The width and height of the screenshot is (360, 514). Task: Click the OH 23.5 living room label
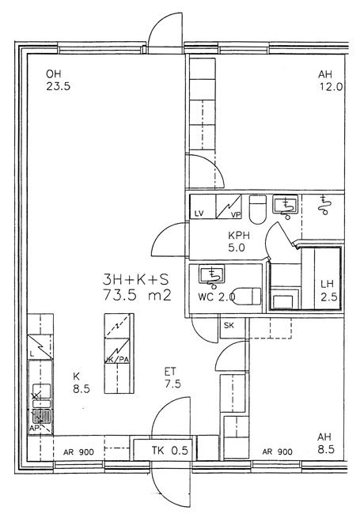point(58,80)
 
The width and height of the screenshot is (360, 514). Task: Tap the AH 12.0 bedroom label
point(330,81)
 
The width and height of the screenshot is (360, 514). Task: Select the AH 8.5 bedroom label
point(325,443)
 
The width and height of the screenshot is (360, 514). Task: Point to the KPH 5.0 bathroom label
point(239,241)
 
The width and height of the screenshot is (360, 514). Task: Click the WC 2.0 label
point(216,297)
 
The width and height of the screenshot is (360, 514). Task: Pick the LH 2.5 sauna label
point(328,290)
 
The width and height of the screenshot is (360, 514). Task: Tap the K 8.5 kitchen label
point(81,382)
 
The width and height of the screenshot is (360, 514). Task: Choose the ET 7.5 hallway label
point(172,377)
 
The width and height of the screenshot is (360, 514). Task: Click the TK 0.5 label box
point(165,450)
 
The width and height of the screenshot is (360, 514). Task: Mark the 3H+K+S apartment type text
point(135,280)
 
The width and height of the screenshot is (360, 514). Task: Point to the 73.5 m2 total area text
point(137,296)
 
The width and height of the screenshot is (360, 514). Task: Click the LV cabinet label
point(199,214)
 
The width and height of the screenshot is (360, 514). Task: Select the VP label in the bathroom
point(236,215)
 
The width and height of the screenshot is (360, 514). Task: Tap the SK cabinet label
point(229,325)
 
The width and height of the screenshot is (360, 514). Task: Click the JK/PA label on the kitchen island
point(117,360)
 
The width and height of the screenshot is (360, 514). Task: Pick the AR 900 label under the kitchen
point(78,452)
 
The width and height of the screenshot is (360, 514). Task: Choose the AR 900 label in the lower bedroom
point(277,452)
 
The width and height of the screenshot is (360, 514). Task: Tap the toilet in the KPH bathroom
point(257,210)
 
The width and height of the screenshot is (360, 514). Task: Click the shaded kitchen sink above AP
point(41,416)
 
